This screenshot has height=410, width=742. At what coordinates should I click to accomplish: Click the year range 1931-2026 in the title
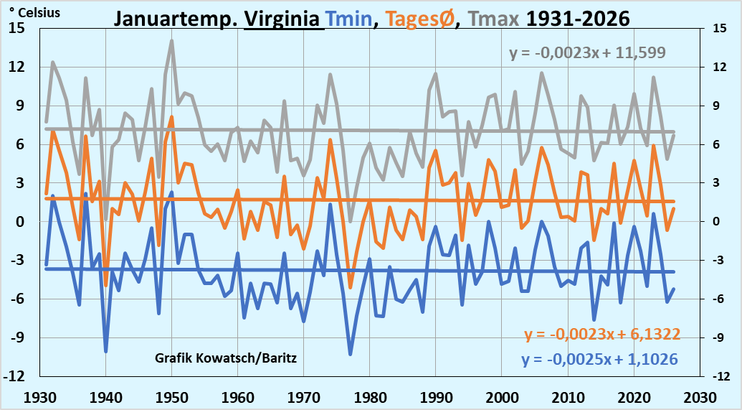pyautogui.click(x=578, y=18)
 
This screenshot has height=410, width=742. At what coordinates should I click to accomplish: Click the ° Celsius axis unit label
pyautogui.click(x=35, y=12)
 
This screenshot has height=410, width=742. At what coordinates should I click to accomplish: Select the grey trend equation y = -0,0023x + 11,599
pyautogui.click(x=588, y=52)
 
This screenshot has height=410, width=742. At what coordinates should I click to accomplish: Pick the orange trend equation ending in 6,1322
pyautogui.click(x=602, y=334)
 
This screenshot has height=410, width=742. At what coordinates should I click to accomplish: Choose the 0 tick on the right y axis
pyautogui.click(x=718, y=221)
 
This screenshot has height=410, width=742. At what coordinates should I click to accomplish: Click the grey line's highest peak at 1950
pyautogui.click(x=172, y=41)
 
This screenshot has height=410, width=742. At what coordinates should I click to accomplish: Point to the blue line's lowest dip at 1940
pyautogui.click(x=106, y=351)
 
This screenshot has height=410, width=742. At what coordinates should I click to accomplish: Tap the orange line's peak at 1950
pyautogui.click(x=172, y=117)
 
